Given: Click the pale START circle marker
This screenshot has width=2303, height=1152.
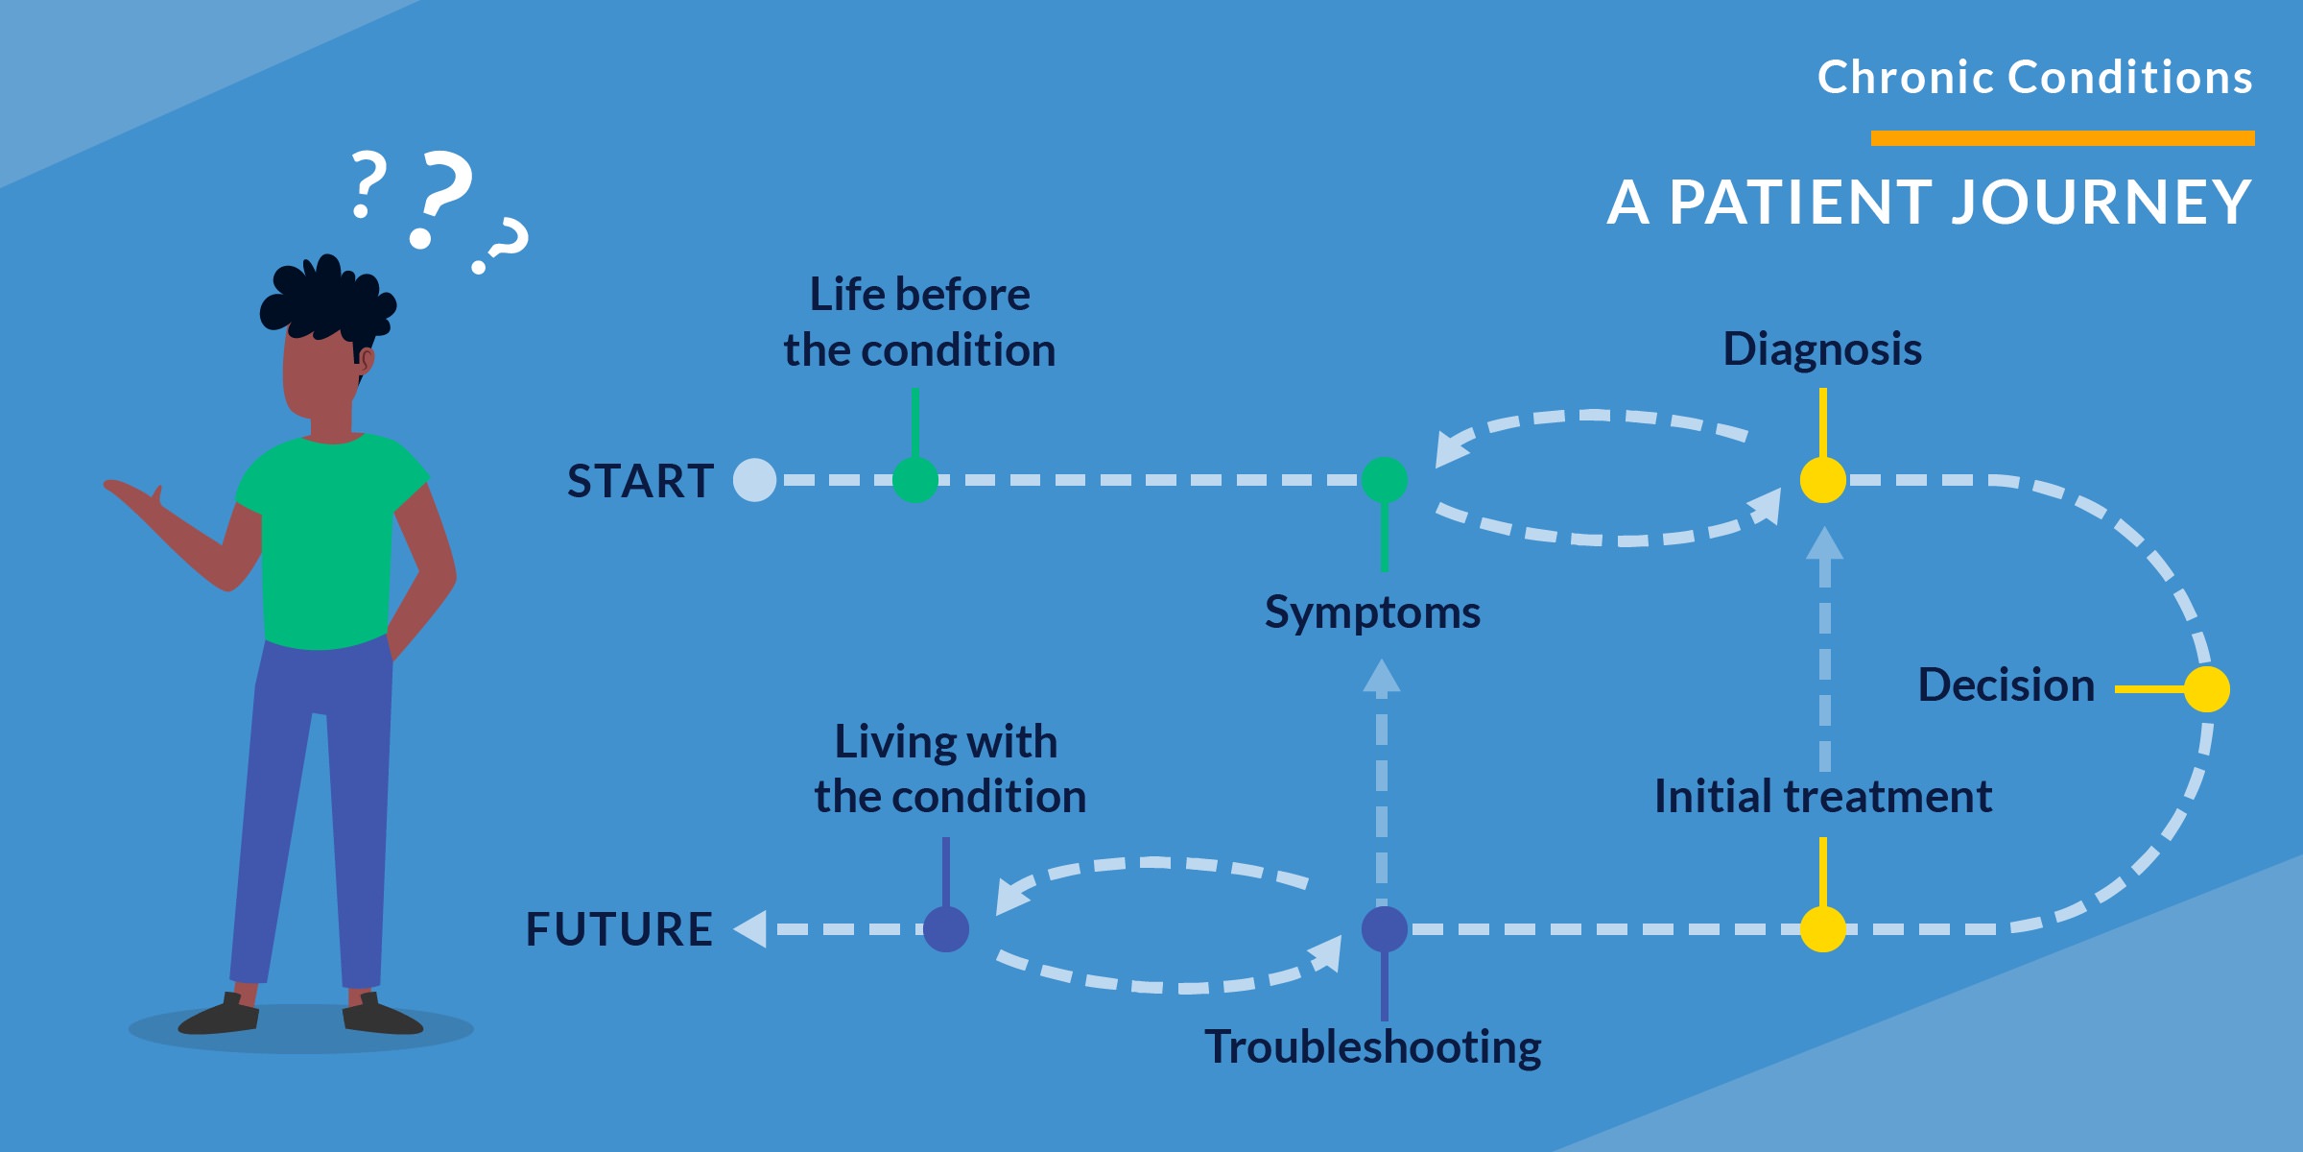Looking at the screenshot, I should [754, 480].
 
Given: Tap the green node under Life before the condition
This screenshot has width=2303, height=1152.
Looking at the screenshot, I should [914, 480].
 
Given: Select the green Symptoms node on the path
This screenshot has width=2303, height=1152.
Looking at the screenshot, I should [1384, 480].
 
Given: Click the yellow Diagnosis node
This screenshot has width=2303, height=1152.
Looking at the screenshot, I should [1822, 480].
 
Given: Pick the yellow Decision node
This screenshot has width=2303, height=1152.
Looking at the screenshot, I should [2206, 689].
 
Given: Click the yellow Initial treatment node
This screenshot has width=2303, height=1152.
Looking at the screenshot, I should [1822, 929].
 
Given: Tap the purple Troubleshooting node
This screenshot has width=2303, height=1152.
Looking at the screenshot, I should [1384, 929].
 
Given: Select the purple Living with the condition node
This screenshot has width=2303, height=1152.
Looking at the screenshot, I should [945, 929].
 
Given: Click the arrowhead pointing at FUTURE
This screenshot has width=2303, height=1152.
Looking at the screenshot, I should [750, 929].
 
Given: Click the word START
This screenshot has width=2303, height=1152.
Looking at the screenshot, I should [640, 481].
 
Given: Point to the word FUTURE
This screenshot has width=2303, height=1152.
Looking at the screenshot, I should [619, 929].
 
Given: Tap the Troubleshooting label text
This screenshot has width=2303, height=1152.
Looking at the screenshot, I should [1372, 1046].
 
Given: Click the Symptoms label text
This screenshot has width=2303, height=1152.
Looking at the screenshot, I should [1372, 612].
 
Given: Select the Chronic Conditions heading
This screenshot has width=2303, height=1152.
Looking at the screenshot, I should [2034, 77].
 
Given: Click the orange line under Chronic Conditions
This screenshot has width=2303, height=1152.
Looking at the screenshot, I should [2062, 138].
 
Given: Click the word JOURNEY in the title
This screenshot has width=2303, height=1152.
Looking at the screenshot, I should [2101, 203].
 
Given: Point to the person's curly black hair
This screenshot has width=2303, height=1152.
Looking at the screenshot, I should [326, 298].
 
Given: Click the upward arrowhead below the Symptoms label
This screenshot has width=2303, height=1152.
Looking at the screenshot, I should [1381, 676].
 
